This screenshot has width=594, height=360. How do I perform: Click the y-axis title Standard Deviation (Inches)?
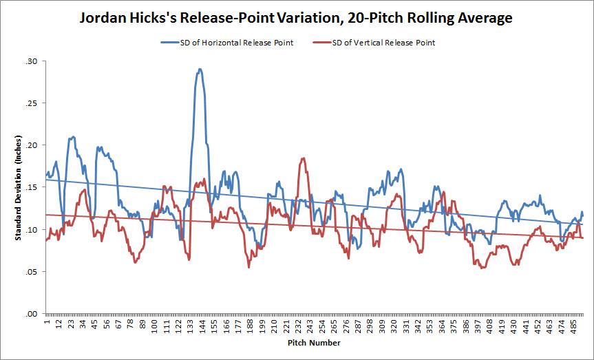click(x=17, y=187)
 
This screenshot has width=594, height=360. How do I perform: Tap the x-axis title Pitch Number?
click(x=314, y=342)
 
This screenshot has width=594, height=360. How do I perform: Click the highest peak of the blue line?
click(x=200, y=70)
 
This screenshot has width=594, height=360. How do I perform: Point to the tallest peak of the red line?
click(x=303, y=159)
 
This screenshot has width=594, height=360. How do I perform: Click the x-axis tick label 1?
click(x=46, y=321)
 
